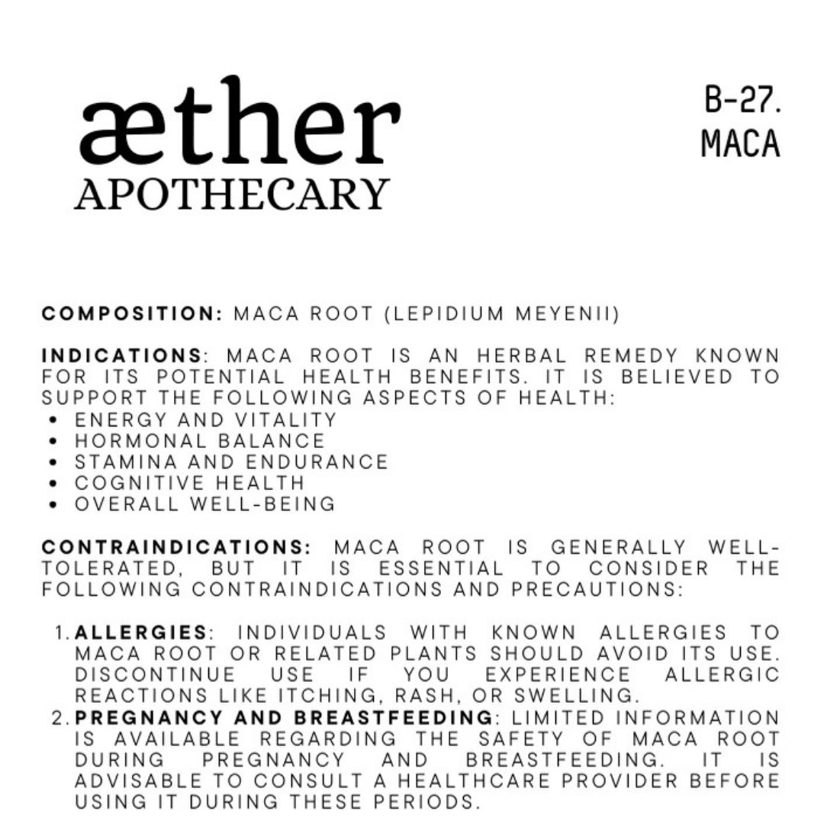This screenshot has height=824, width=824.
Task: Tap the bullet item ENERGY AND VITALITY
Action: [205, 420]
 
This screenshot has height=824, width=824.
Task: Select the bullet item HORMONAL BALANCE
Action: [200, 441]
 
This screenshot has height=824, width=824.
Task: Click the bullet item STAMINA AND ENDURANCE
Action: [231, 462]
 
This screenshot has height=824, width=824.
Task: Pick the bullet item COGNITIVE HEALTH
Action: [189, 483]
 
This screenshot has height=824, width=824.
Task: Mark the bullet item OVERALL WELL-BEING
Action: [204, 504]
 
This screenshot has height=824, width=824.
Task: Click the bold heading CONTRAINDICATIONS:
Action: [176, 548]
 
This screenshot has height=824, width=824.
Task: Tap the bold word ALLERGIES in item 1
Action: [141, 632]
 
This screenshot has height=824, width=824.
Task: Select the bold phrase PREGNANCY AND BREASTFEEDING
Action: [284, 718]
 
